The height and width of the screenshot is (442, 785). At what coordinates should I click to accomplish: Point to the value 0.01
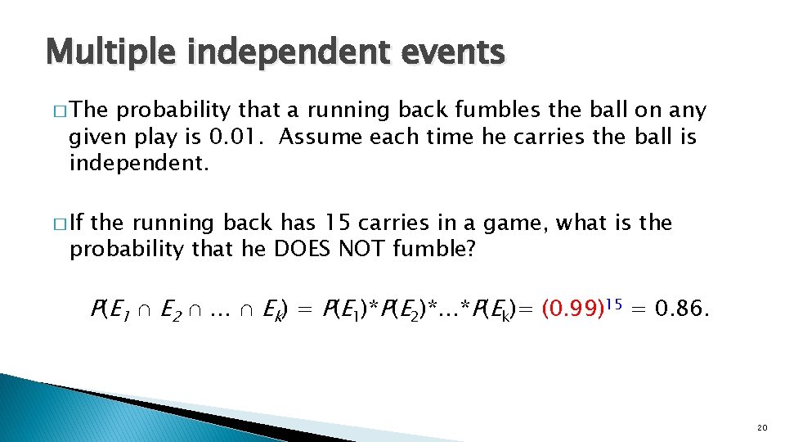238,137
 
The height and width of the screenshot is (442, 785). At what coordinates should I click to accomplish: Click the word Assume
321,137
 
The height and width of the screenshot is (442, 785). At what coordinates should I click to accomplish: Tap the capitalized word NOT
367,250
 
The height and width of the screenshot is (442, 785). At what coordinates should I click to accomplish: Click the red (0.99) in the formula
570,310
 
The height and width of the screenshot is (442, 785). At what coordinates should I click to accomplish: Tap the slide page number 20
762,426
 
